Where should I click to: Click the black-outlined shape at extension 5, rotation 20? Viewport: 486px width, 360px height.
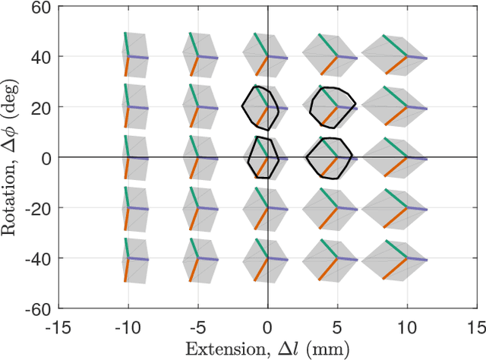(x=332, y=109)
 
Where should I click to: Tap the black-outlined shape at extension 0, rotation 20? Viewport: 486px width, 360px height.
(x=260, y=108)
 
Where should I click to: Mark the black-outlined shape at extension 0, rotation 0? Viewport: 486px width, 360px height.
(x=263, y=158)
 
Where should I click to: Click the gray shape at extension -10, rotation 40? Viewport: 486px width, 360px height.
(x=131, y=55)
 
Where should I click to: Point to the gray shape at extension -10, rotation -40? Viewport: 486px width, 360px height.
(x=131, y=259)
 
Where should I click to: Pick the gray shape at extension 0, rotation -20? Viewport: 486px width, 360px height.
(x=262, y=208)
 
